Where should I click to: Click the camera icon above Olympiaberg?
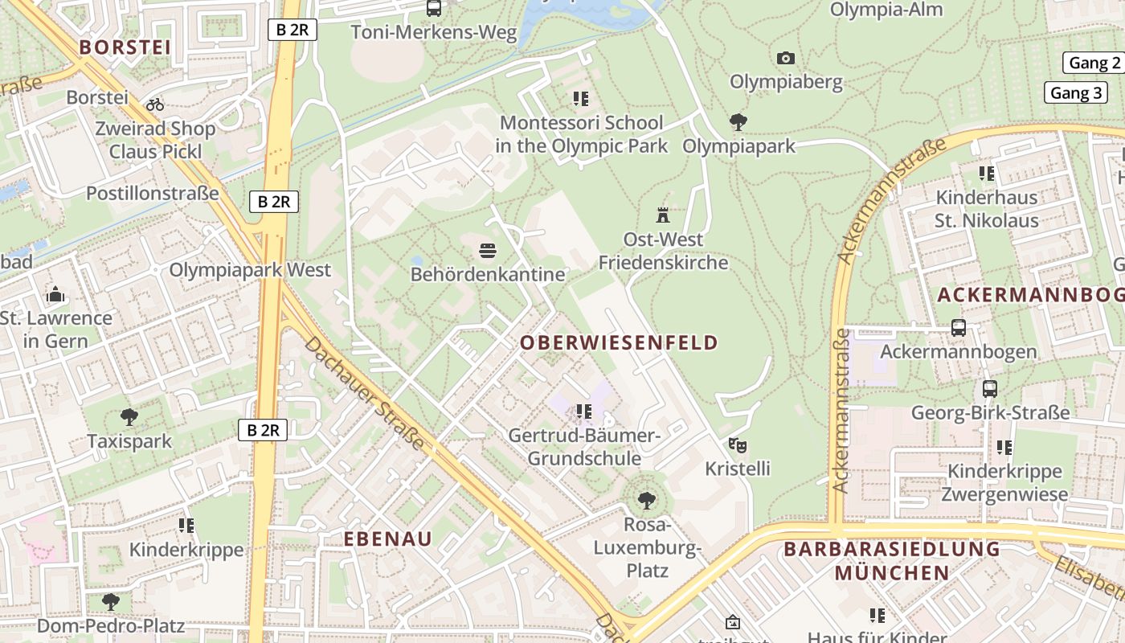(786, 58)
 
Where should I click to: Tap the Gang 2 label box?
(1094, 63)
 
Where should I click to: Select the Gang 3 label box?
(1076, 92)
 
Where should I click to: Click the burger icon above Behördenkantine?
(487, 251)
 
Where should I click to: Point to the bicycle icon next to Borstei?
(155, 104)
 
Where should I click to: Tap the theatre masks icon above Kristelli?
(738, 444)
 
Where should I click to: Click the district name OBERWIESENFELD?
(619, 342)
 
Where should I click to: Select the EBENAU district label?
(388, 539)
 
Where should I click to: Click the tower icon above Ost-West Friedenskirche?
(663, 215)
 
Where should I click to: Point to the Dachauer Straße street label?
(365, 392)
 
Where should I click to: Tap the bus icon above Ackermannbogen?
(958, 328)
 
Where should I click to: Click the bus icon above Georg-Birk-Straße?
(990, 389)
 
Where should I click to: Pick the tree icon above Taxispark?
(129, 417)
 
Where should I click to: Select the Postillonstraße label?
(153, 193)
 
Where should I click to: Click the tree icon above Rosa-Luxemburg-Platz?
(646, 502)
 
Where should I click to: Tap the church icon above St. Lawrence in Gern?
(55, 294)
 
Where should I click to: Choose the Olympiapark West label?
(249, 269)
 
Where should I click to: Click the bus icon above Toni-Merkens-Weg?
(434, 9)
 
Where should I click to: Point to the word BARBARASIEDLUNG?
(892, 550)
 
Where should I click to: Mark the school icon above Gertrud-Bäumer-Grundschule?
(583, 412)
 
